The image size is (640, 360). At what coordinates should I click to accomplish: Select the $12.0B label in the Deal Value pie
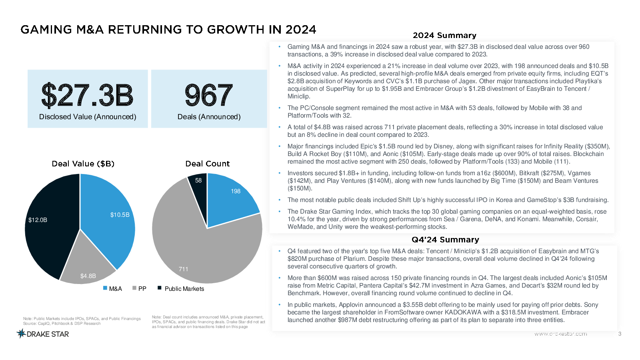[x=38, y=220]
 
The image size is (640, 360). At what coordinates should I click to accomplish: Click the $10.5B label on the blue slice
[x=120, y=215]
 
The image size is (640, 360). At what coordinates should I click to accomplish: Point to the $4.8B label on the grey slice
[x=88, y=276]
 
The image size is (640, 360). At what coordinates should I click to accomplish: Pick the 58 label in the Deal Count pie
[x=198, y=180]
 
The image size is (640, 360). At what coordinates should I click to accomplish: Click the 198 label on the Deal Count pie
[x=236, y=192]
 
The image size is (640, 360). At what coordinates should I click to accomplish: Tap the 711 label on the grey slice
[x=184, y=269]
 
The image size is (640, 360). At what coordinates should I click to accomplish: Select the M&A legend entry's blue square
[x=105, y=288]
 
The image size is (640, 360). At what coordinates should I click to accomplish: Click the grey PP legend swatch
[x=134, y=288]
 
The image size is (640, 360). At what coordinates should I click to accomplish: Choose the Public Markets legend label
[x=184, y=289]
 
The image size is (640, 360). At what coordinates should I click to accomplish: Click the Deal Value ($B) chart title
[x=83, y=164]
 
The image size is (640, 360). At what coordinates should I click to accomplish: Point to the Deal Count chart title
[x=208, y=164]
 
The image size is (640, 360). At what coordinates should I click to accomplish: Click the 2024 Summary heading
[x=444, y=36]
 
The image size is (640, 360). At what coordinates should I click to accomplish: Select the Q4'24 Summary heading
[x=445, y=240]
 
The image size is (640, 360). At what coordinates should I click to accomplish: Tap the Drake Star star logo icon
[x=21, y=334]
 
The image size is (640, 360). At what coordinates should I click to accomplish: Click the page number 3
[x=620, y=334]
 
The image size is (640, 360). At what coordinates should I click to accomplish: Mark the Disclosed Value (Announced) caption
[x=88, y=117]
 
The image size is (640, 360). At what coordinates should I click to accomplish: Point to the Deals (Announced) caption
[x=209, y=117]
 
